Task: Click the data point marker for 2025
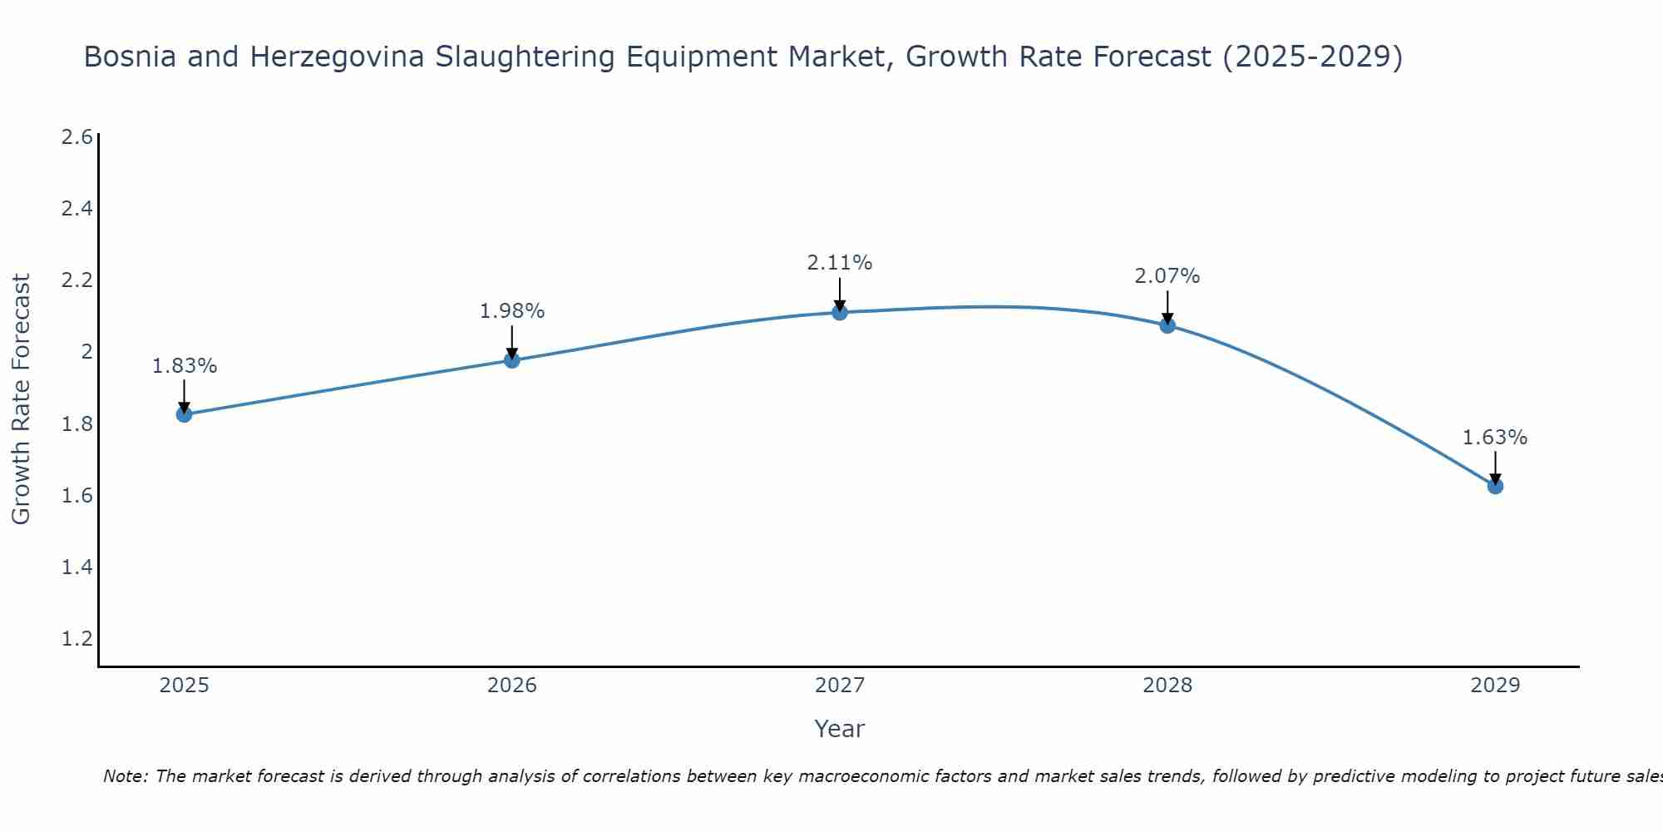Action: click(x=184, y=414)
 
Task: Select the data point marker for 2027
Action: click(x=839, y=312)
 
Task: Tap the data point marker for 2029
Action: click(x=1494, y=486)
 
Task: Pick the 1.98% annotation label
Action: click(x=511, y=311)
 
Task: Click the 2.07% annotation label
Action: click(x=1167, y=276)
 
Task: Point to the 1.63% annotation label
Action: click(x=1494, y=438)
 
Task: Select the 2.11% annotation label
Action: click(x=839, y=263)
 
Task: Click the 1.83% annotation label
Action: click(x=184, y=366)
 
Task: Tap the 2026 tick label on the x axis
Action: click(x=511, y=686)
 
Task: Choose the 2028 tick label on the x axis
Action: click(x=1167, y=686)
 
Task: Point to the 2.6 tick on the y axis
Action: click(x=76, y=137)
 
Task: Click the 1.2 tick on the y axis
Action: click(x=76, y=639)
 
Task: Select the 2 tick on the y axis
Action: click(x=86, y=352)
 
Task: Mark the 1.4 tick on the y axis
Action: click(x=76, y=567)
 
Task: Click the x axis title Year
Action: click(x=839, y=729)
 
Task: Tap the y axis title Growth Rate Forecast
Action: click(x=21, y=399)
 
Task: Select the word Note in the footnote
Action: click(x=124, y=776)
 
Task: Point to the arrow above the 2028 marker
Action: click(x=1167, y=306)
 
